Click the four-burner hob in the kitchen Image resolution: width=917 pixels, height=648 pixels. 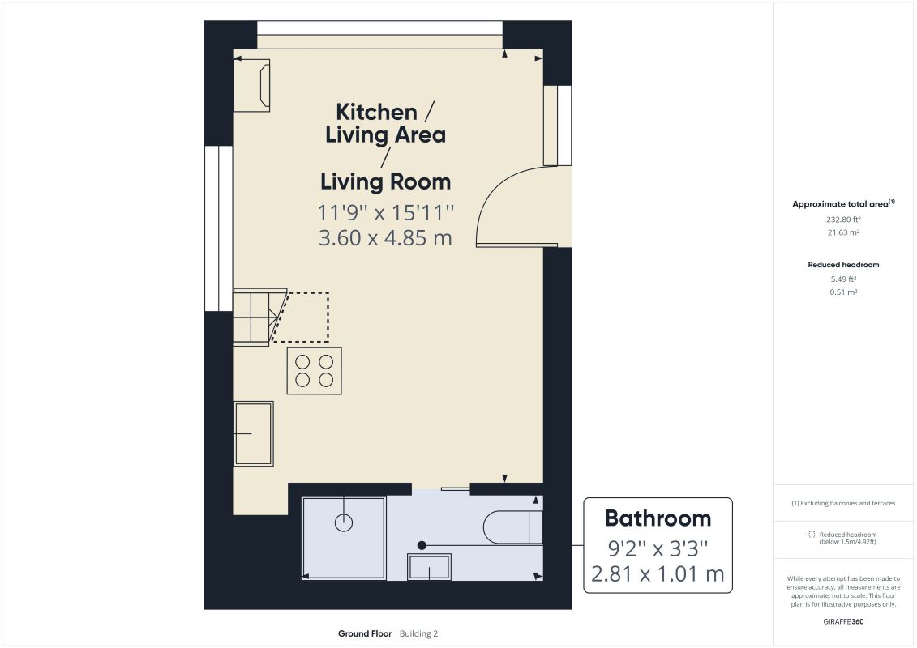click(x=314, y=370)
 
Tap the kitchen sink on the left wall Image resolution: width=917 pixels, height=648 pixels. click(x=254, y=433)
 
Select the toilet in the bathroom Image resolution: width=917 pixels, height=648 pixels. click(x=513, y=526)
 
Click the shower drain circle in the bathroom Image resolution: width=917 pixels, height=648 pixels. click(x=344, y=522)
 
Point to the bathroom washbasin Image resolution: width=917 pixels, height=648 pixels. click(x=429, y=567)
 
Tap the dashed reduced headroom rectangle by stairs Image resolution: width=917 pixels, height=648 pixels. click(x=301, y=317)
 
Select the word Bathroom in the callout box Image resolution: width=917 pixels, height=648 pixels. click(x=658, y=518)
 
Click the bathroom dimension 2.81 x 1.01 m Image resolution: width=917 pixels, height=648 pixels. click(x=658, y=573)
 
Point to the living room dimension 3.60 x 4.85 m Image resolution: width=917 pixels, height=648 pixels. click(x=385, y=238)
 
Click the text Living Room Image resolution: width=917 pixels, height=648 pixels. click(x=385, y=181)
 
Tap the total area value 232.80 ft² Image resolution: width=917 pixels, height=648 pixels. click(x=843, y=220)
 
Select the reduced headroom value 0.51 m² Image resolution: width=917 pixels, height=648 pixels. click(x=843, y=292)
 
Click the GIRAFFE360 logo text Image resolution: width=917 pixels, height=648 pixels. click(x=843, y=622)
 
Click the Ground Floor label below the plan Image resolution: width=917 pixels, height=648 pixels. click(x=365, y=633)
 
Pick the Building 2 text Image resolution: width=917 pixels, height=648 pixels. click(x=418, y=633)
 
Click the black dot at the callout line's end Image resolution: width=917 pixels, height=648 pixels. click(x=422, y=545)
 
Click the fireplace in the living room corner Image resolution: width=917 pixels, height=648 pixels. click(x=252, y=85)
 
